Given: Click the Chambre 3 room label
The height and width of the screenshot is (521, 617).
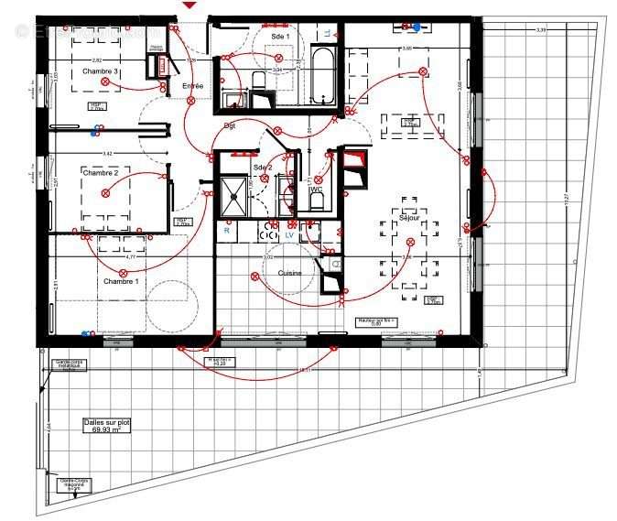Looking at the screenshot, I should click(101, 71).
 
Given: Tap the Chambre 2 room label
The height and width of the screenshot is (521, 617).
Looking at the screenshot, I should click(101, 172).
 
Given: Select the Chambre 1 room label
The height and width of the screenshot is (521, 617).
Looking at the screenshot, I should click(121, 281).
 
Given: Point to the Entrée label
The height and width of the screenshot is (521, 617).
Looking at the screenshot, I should click(193, 86).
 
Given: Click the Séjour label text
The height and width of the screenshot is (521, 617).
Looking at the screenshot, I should click(408, 218).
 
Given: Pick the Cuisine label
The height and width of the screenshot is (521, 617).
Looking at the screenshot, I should click(290, 273).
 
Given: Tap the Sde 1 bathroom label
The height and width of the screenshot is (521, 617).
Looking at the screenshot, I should click(280, 36).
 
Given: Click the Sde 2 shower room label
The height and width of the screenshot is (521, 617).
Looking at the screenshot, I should click(263, 168).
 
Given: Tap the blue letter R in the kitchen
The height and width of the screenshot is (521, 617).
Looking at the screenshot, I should click(226, 232).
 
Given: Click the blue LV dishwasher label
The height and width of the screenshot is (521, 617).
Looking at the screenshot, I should click(289, 235).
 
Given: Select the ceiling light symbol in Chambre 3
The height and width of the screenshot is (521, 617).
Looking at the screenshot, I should click(105, 82).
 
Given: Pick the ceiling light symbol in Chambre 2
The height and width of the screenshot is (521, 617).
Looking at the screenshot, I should click(106, 193).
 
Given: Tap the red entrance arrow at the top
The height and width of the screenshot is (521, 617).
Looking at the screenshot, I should click(189, 6).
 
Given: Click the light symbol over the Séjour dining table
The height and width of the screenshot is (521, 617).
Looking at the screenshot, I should click(411, 242).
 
